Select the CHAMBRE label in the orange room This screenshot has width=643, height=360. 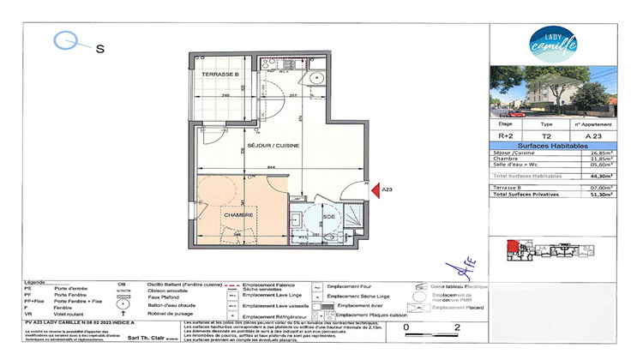[237, 214]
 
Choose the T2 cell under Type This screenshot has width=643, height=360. [546, 135]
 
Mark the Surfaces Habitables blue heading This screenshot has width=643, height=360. [547, 145]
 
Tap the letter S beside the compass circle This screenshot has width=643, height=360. [99, 49]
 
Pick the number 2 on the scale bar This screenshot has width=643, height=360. [457, 327]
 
